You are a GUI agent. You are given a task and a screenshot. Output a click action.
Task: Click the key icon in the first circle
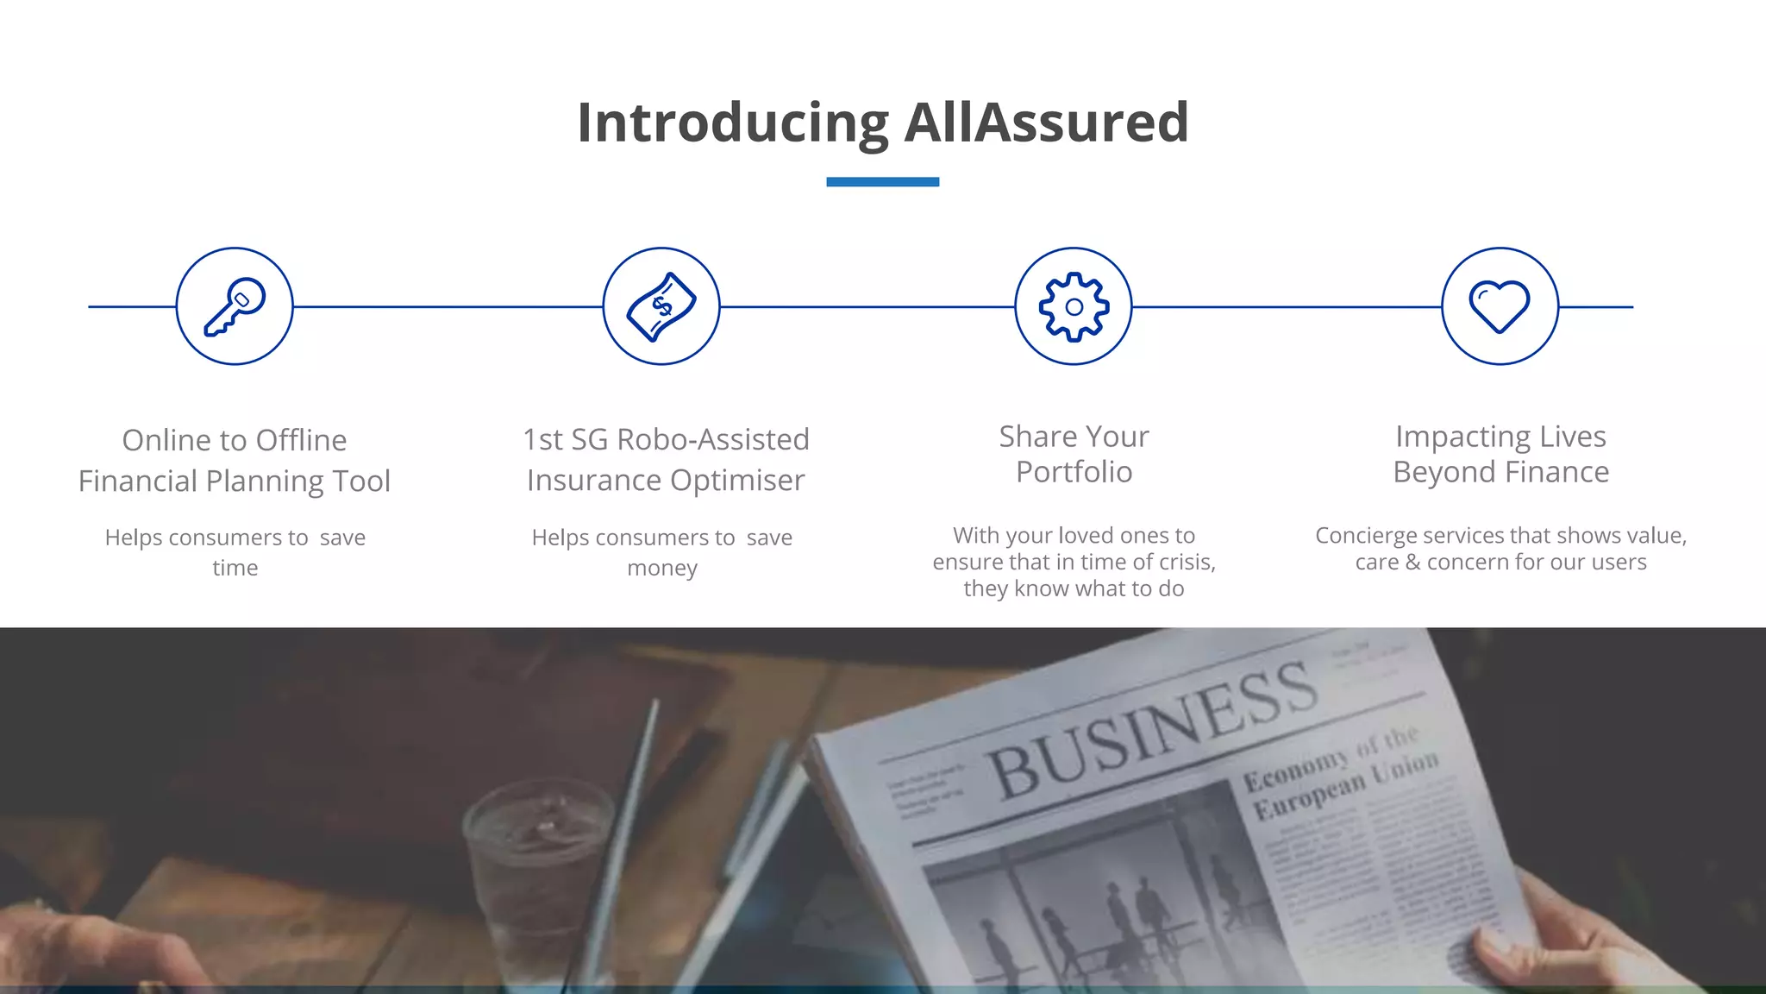coord(235,306)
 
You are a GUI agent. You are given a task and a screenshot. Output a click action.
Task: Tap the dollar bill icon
coord(661,306)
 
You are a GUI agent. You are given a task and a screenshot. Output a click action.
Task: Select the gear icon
coord(1074,306)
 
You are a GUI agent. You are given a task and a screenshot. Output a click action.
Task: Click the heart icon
coord(1500,306)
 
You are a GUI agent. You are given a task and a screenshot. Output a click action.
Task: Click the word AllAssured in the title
coord(1046,123)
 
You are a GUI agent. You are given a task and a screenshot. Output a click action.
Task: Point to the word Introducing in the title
coord(733,123)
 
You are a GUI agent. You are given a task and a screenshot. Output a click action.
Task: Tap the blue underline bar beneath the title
coord(882,182)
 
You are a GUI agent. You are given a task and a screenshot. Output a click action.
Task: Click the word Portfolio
coord(1074,472)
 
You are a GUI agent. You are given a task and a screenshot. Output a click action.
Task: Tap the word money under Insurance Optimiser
coord(662,568)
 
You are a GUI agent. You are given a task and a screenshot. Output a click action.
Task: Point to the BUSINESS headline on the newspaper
coord(1151,729)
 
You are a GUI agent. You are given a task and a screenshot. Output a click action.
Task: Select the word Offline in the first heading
coord(301,440)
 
